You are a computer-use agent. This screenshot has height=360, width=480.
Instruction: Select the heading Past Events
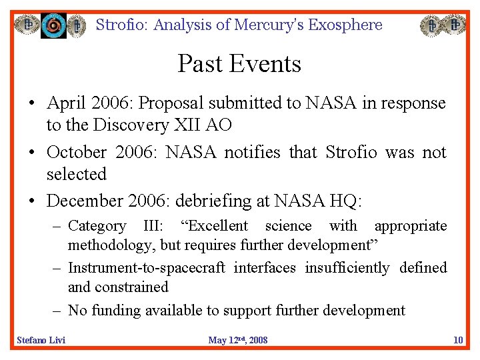click(239, 64)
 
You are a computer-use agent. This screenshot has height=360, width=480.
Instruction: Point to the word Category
click(97, 226)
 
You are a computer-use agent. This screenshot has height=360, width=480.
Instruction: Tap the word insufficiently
click(347, 268)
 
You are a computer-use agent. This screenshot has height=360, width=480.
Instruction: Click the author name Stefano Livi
click(41, 341)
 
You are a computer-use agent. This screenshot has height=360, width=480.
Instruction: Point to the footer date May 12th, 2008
click(238, 341)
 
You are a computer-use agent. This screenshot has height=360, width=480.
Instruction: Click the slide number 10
click(458, 341)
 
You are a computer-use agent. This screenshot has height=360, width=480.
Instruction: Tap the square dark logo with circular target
click(54, 26)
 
